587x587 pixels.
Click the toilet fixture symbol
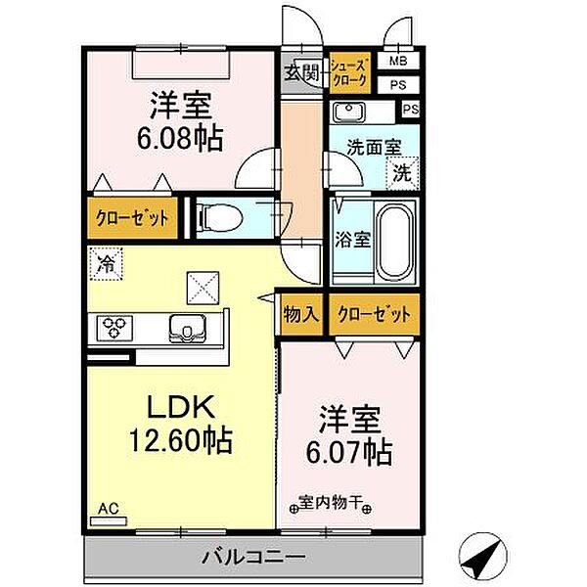point(221,217)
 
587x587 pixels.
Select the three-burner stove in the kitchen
point(114,329)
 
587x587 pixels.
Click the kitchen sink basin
point(188,329)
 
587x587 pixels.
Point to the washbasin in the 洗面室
point(348,112)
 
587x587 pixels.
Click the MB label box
point(398,61)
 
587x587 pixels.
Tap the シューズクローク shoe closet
point(349,72)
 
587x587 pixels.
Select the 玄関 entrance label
point(301,72)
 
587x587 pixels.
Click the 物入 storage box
point(301,314)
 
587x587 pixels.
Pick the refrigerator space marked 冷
point(107,265)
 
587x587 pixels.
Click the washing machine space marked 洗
point(402,174)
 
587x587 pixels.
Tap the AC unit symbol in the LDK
point(109,520)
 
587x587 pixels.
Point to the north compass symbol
point(483,556)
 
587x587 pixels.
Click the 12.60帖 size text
point(181,439)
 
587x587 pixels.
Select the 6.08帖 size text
point(180,138)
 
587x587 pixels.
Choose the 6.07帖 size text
point(349,451)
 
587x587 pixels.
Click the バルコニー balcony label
point(253,558)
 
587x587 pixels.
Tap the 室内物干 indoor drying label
point(330,503)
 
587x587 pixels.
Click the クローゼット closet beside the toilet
point(132,218)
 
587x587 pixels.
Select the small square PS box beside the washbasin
point(411,110)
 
